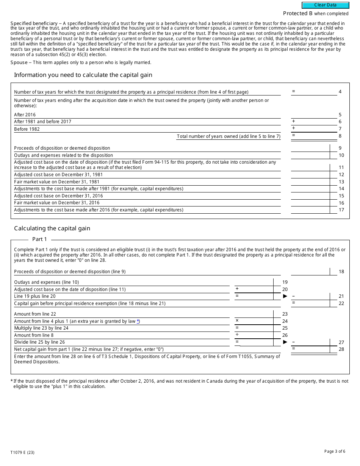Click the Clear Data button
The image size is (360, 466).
[x=325, y=5]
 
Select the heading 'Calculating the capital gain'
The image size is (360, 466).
[x=52, y=228]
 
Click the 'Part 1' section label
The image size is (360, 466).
[x=39, y=239]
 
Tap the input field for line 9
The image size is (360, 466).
[x=310, y=148]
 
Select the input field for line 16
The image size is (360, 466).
[x=310, y=203]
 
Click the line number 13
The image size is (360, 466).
[x=341, y=182]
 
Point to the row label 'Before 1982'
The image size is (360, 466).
[x=27, y=129]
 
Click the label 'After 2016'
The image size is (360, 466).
[x=25, y=115]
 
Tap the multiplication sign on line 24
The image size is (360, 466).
[x=237, y=321]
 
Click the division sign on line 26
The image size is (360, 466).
[x=237, y=335]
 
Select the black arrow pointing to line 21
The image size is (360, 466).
[x=285, y=296]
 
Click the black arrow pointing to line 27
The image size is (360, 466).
[x=285, y=342]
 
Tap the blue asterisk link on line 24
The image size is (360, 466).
[x=138, y=321]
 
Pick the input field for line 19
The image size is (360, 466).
[x=254, y=282]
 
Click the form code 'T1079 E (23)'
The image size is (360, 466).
[x=22, y=452]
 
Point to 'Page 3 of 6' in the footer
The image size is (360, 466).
[x=335, y=451]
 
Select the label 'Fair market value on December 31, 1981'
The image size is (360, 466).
[x=57, y=182]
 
